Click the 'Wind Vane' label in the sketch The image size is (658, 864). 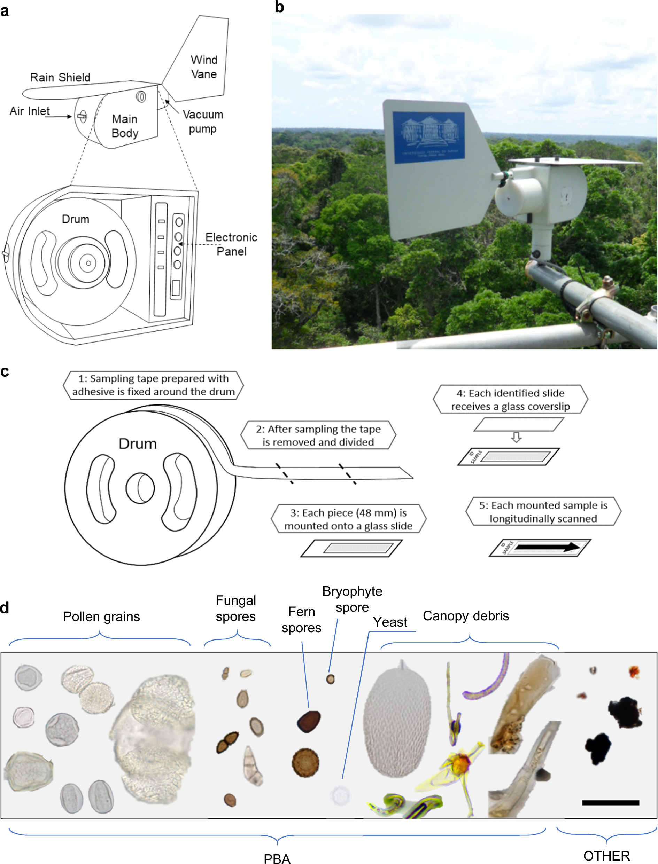click(204, 67)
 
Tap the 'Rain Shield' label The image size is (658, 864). click(60, 78)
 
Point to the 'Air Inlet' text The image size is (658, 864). click(30, 111)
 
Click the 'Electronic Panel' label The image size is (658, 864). click(231, 244)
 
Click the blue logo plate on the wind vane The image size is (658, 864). click(429, 137)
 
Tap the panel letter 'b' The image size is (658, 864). click(279, 7)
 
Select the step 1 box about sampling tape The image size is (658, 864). click(153, 385)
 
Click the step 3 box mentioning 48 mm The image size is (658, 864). click(348, 519)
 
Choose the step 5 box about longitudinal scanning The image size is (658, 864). click(543, 512)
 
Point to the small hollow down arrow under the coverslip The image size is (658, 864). click(516, 437)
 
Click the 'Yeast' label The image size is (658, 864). click(390, 622)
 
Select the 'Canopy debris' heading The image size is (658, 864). click(466, 615)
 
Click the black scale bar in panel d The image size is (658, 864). click(610, 803)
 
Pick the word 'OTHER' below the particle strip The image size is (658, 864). click(606, 856)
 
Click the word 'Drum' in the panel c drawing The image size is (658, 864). click(138, 444)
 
